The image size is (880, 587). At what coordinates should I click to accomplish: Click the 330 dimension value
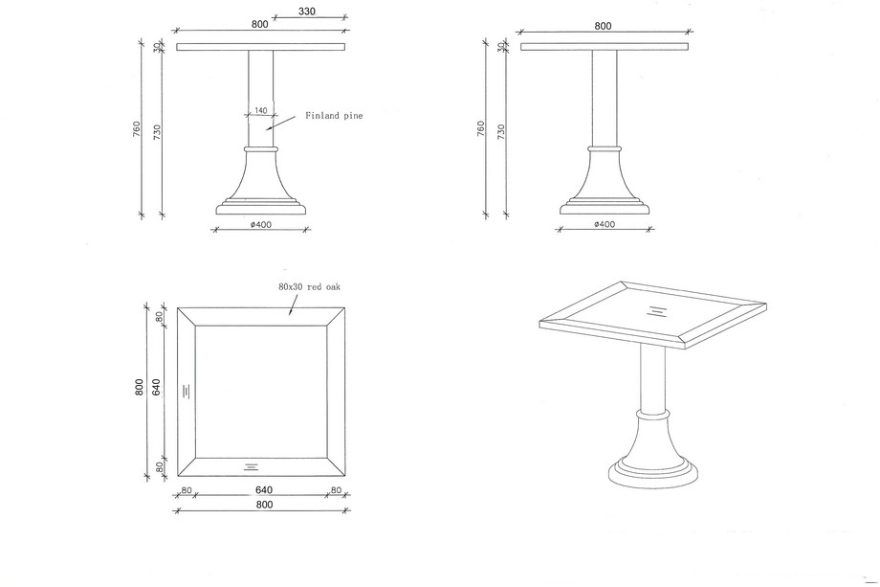point(307,11)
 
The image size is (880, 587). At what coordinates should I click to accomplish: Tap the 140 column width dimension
point(261,111)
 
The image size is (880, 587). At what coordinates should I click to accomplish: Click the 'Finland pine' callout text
point(334,116)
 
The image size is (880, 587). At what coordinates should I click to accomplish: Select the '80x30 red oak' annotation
point(309,286)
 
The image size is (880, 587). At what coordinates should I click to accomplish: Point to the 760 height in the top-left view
point(138,130)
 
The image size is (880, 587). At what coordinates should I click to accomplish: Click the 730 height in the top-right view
point(501,132)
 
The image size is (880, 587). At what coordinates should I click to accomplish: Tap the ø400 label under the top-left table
point(261,225)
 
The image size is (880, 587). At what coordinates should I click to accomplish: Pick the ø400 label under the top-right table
point(605,225)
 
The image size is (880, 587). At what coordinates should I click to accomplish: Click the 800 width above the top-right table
point(603,26)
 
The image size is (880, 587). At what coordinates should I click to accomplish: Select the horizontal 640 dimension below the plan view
point(264,490)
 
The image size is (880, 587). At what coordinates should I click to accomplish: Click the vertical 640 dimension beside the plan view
point(156,387)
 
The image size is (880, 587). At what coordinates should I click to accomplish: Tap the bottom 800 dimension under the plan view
point(264,505)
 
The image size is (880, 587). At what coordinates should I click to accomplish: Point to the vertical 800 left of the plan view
point(140,387)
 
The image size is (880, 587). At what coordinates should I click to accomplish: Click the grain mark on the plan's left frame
point(187,391)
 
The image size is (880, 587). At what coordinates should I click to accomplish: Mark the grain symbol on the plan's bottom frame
point(251,466)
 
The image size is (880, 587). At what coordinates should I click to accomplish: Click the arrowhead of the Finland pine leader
point(269,128)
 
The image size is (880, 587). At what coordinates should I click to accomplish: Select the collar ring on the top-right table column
point(605,148)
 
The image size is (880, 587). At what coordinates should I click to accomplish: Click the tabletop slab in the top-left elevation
point(260,47)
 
